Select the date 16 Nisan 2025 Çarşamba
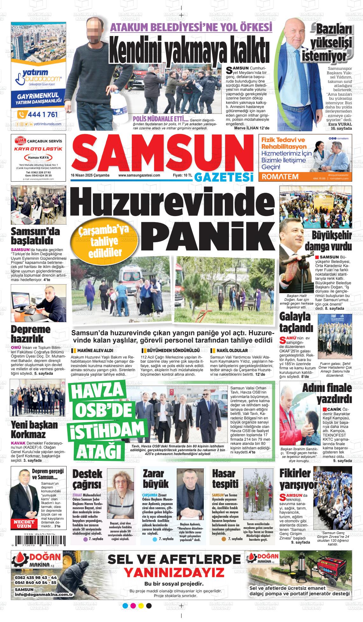(90, 175)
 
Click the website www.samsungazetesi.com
(139, 175)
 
